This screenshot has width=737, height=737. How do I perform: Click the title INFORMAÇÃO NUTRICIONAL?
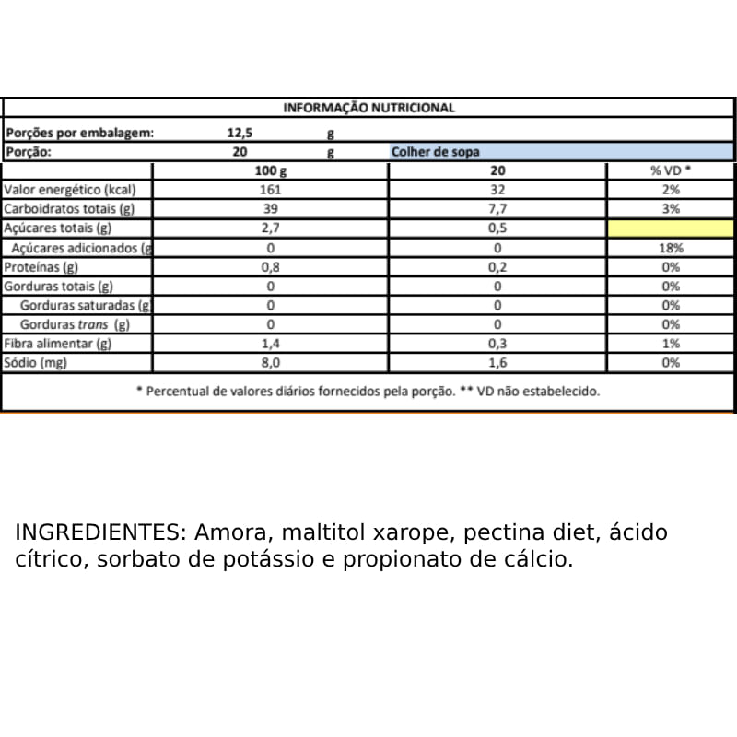368,108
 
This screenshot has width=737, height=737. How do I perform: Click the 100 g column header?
271,171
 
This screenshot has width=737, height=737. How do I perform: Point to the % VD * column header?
671,171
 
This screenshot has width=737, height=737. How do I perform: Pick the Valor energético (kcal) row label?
70,190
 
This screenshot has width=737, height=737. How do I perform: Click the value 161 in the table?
271,190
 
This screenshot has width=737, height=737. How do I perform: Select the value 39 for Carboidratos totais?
271,209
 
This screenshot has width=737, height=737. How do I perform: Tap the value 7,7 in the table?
497,209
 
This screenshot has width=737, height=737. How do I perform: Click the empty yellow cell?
671,228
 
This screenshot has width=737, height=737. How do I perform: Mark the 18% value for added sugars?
671,248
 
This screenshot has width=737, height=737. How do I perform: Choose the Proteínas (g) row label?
41,267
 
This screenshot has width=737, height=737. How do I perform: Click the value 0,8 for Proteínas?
271,267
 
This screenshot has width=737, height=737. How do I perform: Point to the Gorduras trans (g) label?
75,324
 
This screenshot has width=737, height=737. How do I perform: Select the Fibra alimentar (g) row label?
57,344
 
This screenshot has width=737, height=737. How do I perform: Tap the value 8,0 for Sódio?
271,363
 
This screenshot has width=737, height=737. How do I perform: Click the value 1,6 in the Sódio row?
497,363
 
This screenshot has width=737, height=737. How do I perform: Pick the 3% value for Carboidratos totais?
671,209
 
